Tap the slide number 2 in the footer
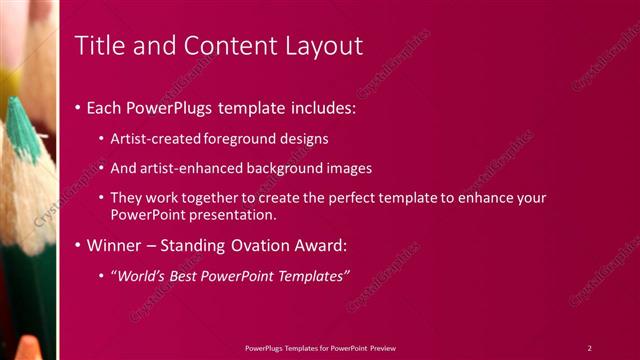589,347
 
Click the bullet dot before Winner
78,246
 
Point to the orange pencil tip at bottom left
29,347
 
